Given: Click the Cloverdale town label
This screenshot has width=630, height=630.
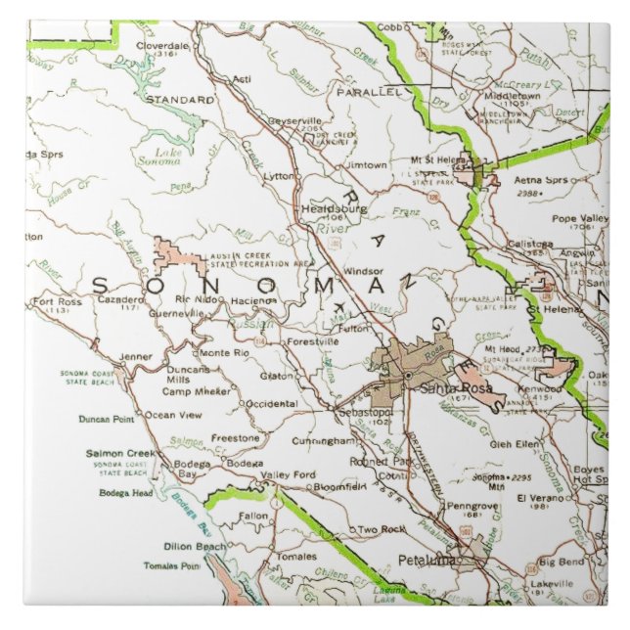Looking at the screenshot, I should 162,45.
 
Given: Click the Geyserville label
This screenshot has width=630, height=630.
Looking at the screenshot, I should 294,119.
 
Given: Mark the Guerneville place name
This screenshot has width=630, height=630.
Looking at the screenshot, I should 176,314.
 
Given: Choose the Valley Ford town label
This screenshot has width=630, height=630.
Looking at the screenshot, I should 288,475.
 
